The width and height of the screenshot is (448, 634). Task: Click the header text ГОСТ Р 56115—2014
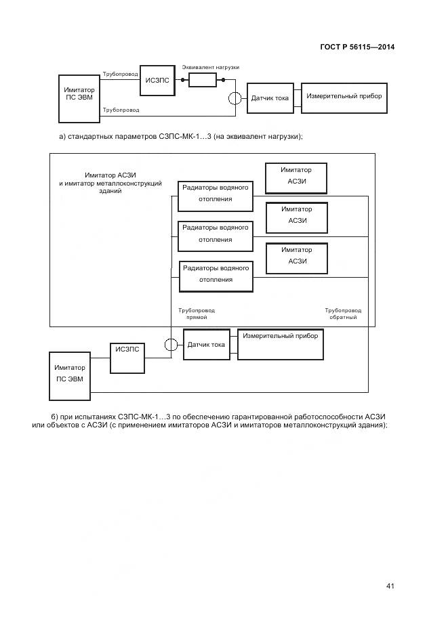357,47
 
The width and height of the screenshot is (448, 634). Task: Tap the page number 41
390,586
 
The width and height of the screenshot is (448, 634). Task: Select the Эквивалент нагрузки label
210,68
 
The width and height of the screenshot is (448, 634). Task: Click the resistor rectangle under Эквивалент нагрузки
202,81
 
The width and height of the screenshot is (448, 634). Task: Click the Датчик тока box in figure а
270,98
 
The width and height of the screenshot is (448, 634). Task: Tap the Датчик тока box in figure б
206,345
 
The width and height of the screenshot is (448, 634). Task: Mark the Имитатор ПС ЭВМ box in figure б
69,373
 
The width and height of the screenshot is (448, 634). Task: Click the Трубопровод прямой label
197,314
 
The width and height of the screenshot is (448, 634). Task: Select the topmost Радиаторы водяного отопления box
216,194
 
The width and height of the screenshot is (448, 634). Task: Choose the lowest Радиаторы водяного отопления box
216,274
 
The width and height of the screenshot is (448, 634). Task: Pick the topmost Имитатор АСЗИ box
296,178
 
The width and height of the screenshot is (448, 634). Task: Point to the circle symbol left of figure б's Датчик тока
171,344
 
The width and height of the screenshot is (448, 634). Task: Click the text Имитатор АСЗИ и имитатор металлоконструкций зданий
110,184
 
